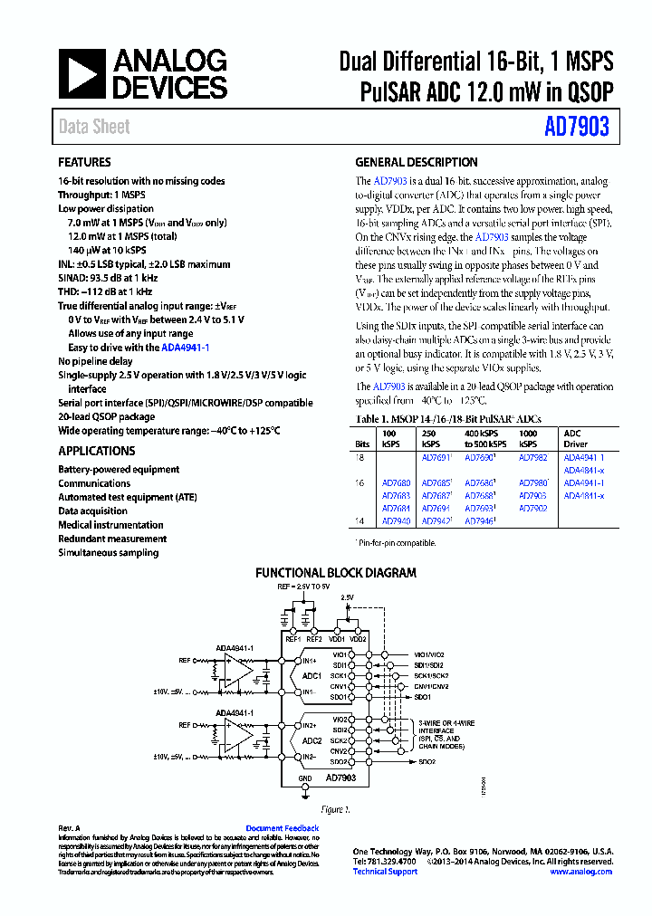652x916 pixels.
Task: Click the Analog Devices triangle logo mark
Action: pyautogui.click(x=82, y=74)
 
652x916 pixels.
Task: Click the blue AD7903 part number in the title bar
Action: pyautogui.click(x=576, y=128)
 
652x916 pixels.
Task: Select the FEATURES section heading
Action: pyautogui.click(x=85, y=163)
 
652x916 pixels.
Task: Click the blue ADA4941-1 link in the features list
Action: pyautogui.click(x=186, y=348)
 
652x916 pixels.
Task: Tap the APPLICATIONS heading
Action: pyautogui.click(x=97, y=451)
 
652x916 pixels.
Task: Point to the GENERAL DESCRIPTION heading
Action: pyautogui.click(x=417, y=163)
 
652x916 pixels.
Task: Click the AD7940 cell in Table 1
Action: pyautogui.click(x=396, y=521)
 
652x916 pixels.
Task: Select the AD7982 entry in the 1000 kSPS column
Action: pyautogui.click(x=532, y=458)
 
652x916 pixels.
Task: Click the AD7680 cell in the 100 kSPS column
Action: pyautogui.click(x=396, y=483)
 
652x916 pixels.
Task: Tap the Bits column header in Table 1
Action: pyautogui.click(x=362, y=445)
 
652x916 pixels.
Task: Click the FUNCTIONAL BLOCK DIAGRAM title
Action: pyautogui.click(x=336, y=573)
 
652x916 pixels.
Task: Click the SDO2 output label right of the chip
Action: pyautogui.click(x=426, y=762)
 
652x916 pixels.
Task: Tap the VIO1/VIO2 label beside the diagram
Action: pyautogui.click(x=429, y=654)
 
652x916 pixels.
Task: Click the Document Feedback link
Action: pyautogui.click(x=283, y=828)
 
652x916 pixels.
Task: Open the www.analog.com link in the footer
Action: pyautogui.click(x=580, y=872)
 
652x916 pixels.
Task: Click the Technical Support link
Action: pyautogui.click(x=385, y=872)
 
